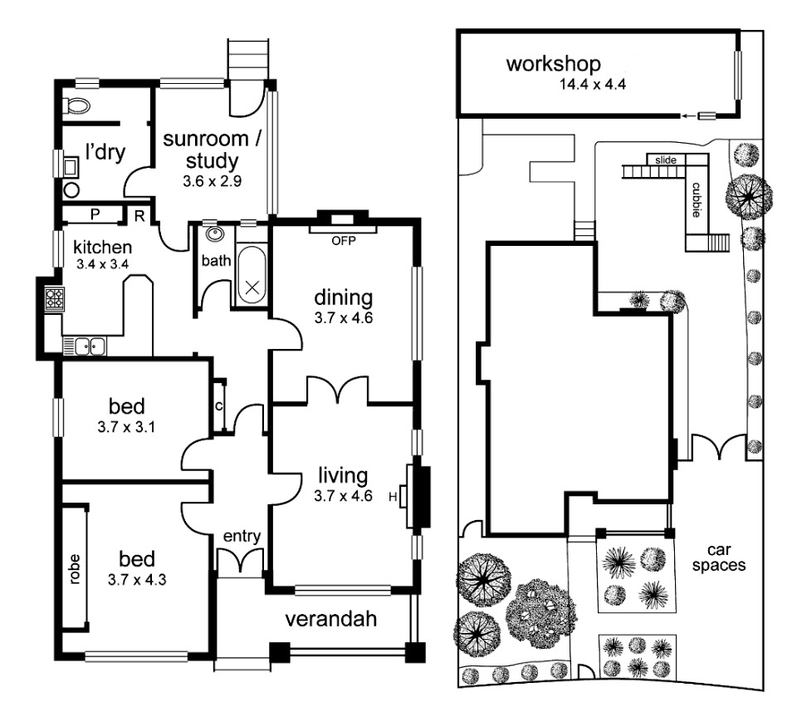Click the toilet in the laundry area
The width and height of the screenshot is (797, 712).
pyautogui.click(x=77, y=106)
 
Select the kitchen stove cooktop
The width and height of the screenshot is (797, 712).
pyautogui.click(x=55, y=298)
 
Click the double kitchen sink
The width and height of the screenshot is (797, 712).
pyautogui.click(x=87, y=345)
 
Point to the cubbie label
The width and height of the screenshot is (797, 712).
pyautogui.click(x=694, y=199)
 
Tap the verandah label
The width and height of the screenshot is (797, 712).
pyautogui.click(x=330, y=619)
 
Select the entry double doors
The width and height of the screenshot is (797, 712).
pyautogui.click(x=241, y=562)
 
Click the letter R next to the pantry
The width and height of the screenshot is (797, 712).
pyautogui.click(x=139, y=215)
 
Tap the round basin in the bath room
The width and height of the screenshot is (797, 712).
pyautogui.click(x=213, y=235)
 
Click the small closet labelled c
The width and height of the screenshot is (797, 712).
pyautogui.click(x=219, y=406)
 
